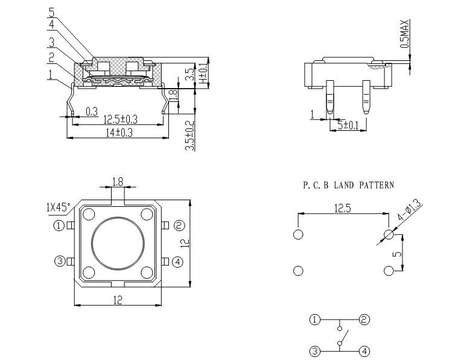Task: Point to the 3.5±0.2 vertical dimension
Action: click(x=189, y=136)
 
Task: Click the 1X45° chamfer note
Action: click(x=59, y=207)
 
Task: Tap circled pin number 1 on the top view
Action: click(x=59, y=226)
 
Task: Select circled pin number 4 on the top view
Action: click(x=177, y=262)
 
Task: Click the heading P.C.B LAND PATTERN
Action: click(x=348, y=186)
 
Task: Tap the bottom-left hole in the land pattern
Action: click(x=297, y=271)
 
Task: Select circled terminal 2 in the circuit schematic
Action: click(x=364, y=320)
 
